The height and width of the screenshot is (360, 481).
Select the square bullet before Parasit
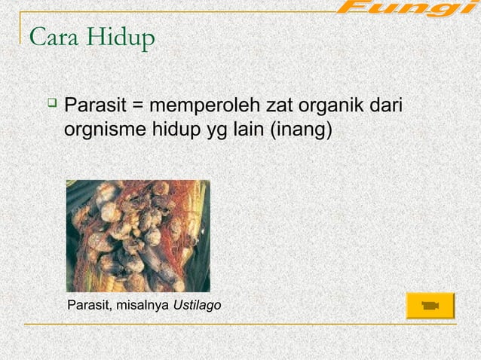[x=51, y=102]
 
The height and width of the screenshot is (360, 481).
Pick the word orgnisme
[x=102, y=130]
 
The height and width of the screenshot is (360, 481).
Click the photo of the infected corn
[x=138, y=236]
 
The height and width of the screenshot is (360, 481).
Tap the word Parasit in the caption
[x=89, y=304]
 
